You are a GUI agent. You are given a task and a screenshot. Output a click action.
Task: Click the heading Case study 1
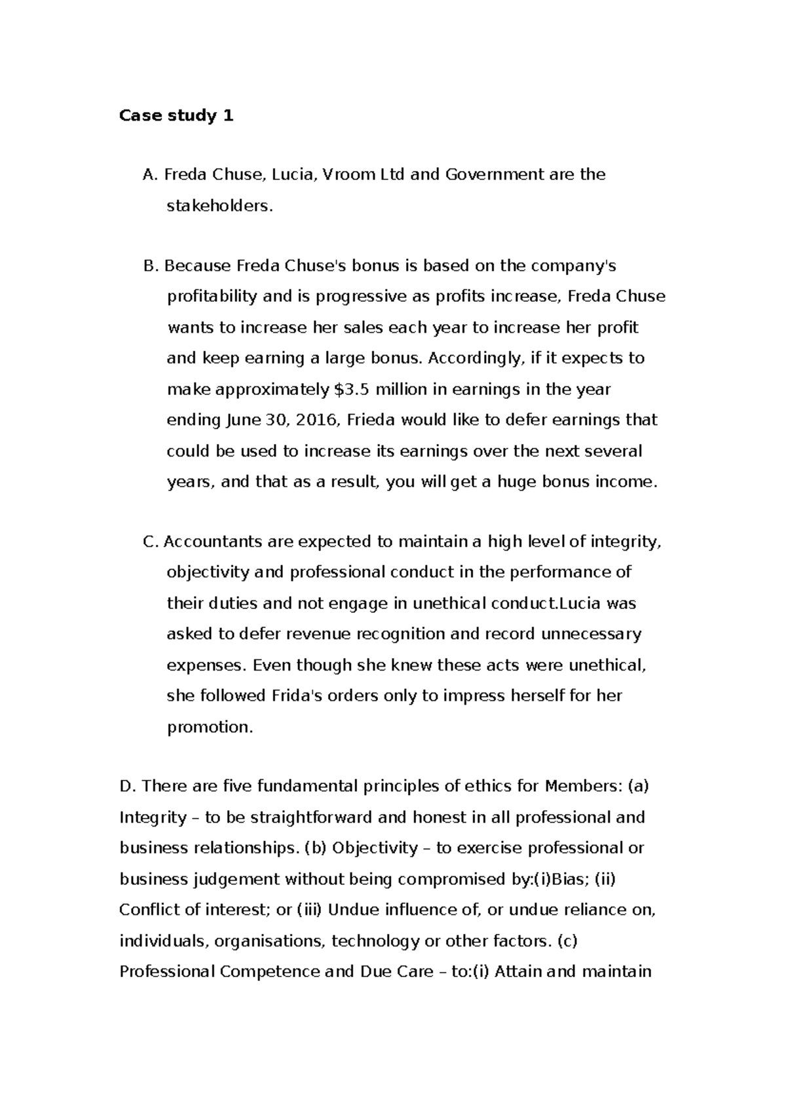tap(176, 116)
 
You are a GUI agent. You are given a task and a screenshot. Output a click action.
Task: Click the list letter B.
tap(150, 266)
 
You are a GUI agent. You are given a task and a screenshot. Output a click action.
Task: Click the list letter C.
tap(150, 542)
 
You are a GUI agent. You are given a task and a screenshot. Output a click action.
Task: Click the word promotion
tap(210, 727)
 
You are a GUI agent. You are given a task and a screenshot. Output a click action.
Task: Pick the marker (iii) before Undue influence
tap(310, 910)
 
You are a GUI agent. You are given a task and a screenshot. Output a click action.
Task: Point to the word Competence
tap(270, 971)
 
